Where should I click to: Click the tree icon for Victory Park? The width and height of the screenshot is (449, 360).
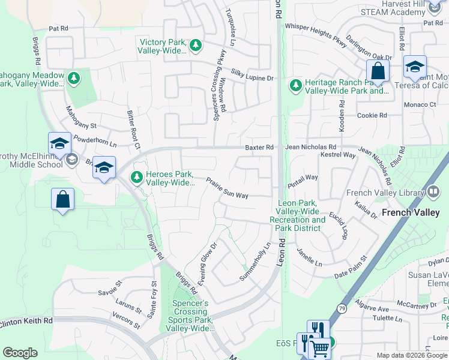(x=196, y=45)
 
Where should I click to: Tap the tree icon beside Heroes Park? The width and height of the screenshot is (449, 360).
(x=137, y=177)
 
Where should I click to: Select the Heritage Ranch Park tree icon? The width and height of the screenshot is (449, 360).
(x=295, y=86)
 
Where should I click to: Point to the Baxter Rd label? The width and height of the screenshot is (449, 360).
(x=259, y=147)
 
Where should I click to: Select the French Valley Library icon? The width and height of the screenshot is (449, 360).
(x=436, y=193)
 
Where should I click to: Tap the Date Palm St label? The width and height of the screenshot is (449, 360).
(x=349, y=274)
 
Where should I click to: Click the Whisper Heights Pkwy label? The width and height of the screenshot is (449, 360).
(x=316, y=31)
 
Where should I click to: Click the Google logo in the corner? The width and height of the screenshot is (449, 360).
(x=20, y=353)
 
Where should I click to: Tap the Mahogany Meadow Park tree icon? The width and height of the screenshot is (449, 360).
(x=74, y=78)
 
